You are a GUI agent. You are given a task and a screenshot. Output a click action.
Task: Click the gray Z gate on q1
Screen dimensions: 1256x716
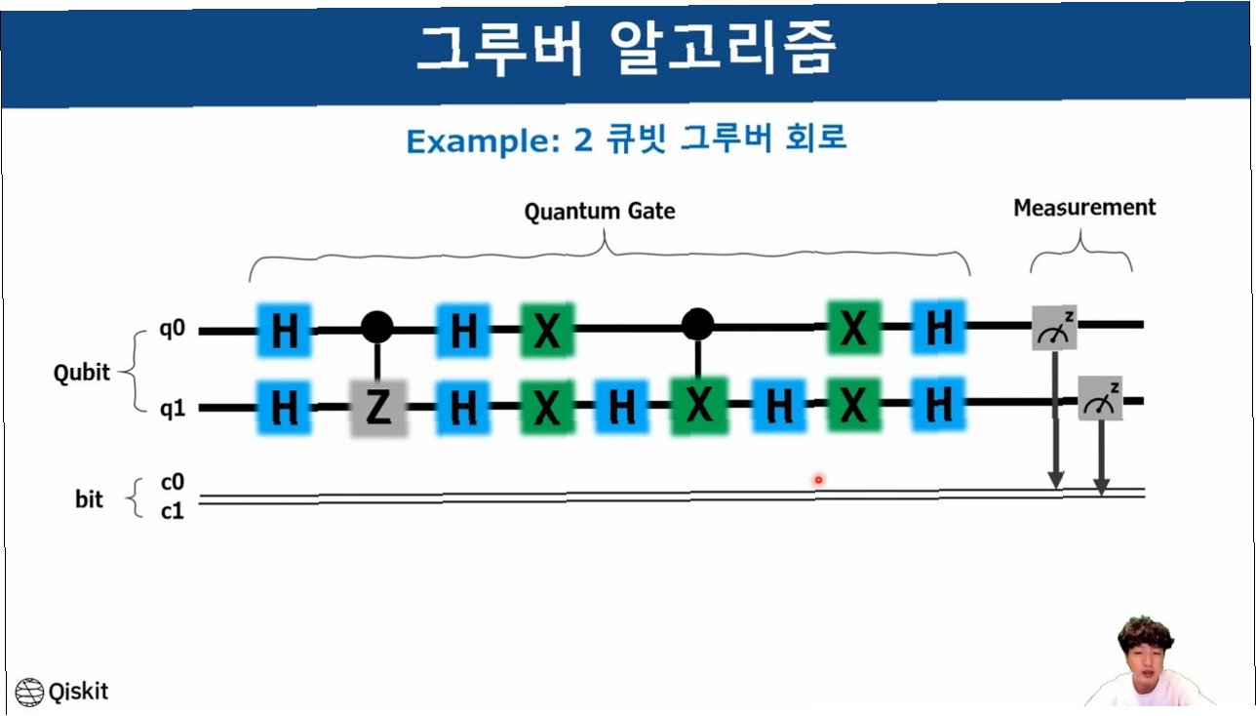coord(377,408)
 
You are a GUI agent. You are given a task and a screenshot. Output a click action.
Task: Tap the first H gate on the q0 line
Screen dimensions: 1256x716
coord(284,331)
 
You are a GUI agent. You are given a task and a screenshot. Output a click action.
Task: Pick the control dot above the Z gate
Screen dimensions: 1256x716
coord(377,326)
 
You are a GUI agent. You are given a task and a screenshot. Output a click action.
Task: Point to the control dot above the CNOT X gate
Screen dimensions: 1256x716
coord(696,323)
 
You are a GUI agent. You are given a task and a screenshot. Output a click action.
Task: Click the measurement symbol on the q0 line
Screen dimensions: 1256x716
coord(1055,328)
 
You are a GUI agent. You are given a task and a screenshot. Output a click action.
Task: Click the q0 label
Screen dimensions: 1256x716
coord(173,329)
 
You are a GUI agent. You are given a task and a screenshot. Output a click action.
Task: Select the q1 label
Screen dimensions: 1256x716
coord(173,410)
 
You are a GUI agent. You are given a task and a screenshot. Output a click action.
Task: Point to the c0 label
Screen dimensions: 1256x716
coord(172,484)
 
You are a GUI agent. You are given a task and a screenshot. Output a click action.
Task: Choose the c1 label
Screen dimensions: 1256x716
coord(172,509)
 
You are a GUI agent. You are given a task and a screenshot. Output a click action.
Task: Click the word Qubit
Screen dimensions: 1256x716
coord(82,373)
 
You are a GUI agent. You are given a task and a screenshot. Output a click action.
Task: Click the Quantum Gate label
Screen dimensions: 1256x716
coord(600,212)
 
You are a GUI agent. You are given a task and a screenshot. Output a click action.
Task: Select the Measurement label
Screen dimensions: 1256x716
coord(1084,208)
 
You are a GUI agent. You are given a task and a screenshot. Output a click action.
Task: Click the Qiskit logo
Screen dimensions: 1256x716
coord(63,692)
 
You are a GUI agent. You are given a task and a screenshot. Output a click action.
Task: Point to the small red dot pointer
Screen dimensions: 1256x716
coord(819,479)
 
